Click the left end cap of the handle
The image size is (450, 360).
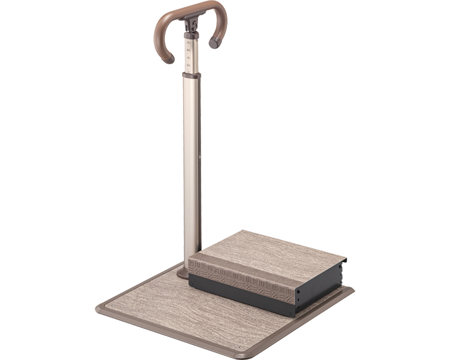click(169, 59)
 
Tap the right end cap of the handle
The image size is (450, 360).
click(214, 43)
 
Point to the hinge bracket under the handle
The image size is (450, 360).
click(192, 25)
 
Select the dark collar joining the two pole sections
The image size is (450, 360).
click(191, 76)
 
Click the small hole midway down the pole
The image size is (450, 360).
click(199, 158)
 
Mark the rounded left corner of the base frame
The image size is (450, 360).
click(100, 309)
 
